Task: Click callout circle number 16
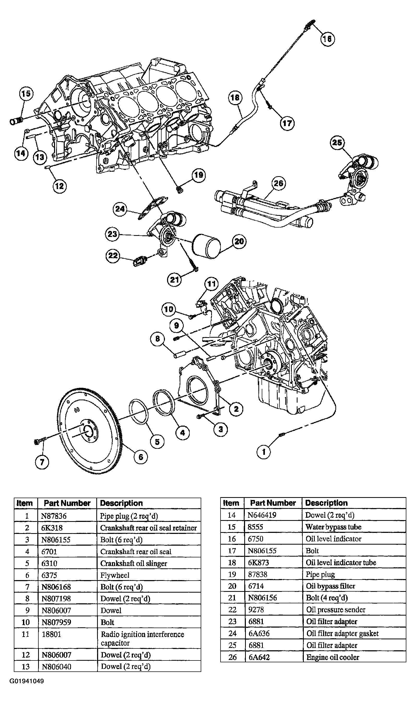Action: pos(328,39)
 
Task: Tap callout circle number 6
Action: pos(141,457)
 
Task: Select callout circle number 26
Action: pos(278,183)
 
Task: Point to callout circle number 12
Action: pos(60,186)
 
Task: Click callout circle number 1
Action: pos(264,452)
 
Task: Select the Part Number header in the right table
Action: pos(273,503)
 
